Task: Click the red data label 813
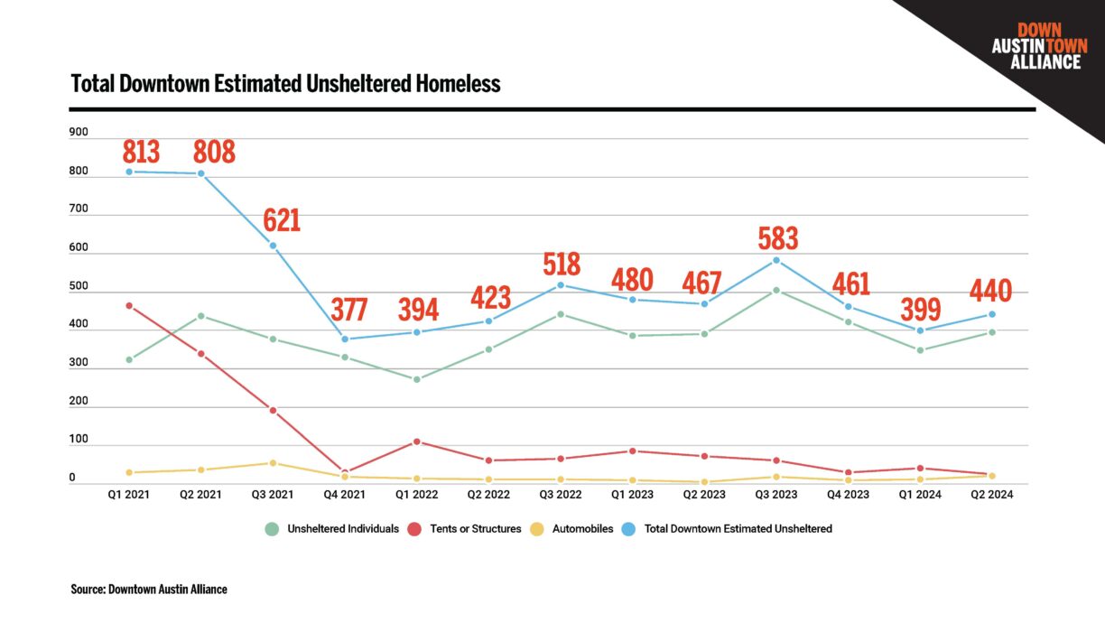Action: click(141, 152)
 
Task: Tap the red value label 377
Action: click(348, 310)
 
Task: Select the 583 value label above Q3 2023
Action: click(778, 238)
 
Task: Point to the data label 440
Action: click(991, 292)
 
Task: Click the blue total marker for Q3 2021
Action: click(273, 246)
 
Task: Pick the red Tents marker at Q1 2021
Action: click(129, 306)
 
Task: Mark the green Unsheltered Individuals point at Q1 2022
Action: click(417, 379)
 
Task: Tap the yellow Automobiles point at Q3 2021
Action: click(273, 463)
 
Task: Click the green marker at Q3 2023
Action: click(776, 291)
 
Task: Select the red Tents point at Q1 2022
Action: click(417, 441)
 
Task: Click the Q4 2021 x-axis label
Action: click(345, 495)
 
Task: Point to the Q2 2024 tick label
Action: click(991, 495)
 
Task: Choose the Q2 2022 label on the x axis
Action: click(488, 495)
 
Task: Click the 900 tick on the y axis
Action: click(79, 133)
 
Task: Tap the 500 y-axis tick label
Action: click(79, 287)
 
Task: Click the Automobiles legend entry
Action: click(575, 529)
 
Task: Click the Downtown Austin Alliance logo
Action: click(1039, 47)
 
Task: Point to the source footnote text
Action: click(149, 590)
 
